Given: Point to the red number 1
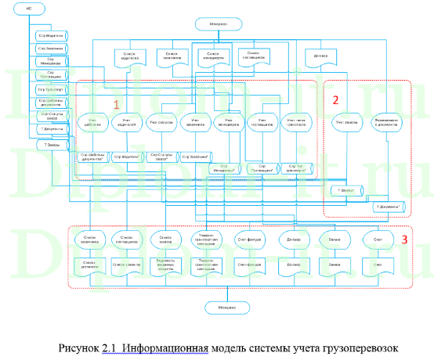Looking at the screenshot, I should tap(117, 103).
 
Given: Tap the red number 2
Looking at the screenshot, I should tap(335, 99).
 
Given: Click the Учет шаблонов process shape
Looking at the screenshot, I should tap(92, 123).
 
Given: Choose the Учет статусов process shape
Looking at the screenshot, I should tap(161, 123).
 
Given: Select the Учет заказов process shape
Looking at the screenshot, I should tap(345, 123).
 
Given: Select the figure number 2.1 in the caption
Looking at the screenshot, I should tap(107, 345).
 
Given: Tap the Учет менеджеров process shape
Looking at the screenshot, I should tap(227, 123).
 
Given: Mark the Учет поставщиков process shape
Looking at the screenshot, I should tap(263, 123).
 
